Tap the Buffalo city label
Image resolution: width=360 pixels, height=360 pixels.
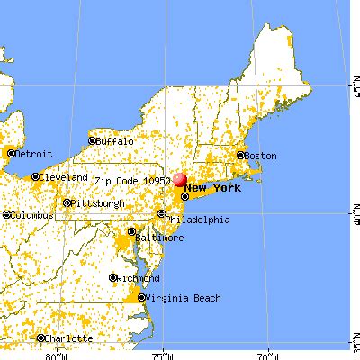(116, 141)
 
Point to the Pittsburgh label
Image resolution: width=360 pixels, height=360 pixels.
(98, 204)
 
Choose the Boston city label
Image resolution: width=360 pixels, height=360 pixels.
(260, 155)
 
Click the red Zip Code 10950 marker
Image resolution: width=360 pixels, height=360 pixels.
(180, 180)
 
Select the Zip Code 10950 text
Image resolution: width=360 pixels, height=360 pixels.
(132, 180)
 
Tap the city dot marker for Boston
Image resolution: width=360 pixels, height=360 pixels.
(240, 155)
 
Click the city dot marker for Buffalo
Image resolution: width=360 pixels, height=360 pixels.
(93, 140)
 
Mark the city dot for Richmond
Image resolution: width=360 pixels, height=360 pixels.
(113, 278)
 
